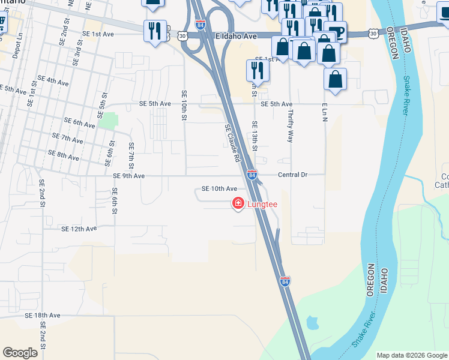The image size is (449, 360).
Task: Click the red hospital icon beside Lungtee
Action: point(238,205)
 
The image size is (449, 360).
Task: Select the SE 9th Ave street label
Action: point(129,176)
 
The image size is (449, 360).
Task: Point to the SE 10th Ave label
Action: point(219,188)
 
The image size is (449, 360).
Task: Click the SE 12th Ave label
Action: point(79,229)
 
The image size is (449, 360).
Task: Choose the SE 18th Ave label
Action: point(43,315)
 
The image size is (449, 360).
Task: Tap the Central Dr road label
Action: point(292,175)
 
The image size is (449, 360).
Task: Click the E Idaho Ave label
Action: point(236,37)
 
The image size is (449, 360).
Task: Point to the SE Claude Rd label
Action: point(232,143)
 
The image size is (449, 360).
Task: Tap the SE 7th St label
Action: point(131,155)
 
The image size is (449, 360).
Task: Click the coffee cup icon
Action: point(337,31)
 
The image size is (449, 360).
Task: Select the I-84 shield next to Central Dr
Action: point(252,175)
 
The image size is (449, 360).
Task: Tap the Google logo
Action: point(20,353)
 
